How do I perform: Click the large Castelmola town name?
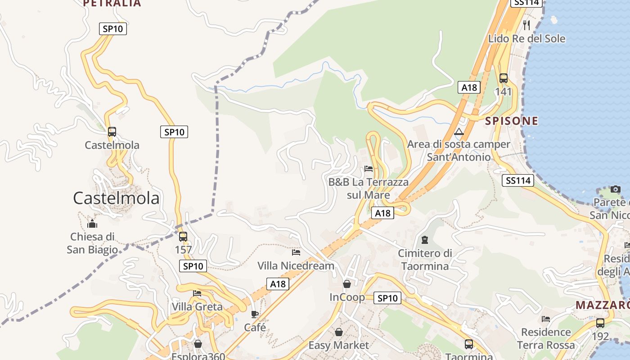point(116,198)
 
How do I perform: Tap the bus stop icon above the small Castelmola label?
point(112,132)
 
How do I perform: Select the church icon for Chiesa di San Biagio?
point(92,223)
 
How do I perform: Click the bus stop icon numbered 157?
point(183,237)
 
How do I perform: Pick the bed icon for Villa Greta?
point(197,293)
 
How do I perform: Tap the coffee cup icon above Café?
point(255,314)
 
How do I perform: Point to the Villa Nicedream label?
point(296,265)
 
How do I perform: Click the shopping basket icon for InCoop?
point(347,284)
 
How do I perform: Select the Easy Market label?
point(338,345)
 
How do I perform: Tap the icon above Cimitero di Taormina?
point(425,240)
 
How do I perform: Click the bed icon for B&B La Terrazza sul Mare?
point(369,169)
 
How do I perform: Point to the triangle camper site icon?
point(459,132)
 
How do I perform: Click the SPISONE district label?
point(512,121)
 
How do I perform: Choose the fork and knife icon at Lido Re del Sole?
point(526,25)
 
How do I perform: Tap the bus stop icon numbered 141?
point(504,78)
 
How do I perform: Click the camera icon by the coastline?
point(616,189)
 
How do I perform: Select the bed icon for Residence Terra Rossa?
point(546,319)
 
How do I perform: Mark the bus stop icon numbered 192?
point(600,323)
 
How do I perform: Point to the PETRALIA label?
point(112,4)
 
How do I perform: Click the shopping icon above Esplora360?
point(198,344)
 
